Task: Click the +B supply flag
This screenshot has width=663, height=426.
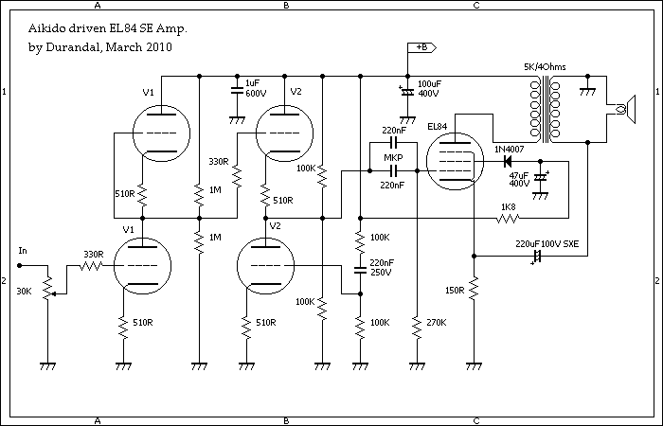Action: (x=421, y=47)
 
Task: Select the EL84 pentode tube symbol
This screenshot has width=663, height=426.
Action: (x=455, y=161)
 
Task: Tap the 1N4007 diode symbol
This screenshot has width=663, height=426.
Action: (x=507, y=161)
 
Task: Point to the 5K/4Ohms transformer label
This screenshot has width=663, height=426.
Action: (x=545, y=67)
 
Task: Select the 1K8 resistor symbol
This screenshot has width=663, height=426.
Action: (x=508, y=218)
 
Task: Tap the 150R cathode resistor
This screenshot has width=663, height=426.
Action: (x=474, y=289)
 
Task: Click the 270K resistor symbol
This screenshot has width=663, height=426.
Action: (x=417, y=327)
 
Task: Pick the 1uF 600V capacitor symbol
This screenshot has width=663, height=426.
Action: (x=237, y=91)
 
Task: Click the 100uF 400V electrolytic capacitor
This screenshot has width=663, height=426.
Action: (x=407, y=91)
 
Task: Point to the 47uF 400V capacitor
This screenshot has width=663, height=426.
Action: (x=541, y=178)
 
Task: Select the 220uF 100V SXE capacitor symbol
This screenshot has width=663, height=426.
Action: (x=537, y=257)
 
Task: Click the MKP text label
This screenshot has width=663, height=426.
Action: (x=393, y=158)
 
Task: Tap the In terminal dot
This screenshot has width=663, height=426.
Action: (x=19, y=265)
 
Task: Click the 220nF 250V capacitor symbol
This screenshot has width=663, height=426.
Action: (x=360, y=270)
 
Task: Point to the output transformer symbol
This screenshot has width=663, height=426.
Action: (x=545, y=108)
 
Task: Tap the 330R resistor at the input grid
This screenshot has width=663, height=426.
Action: (x=90, y=265)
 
